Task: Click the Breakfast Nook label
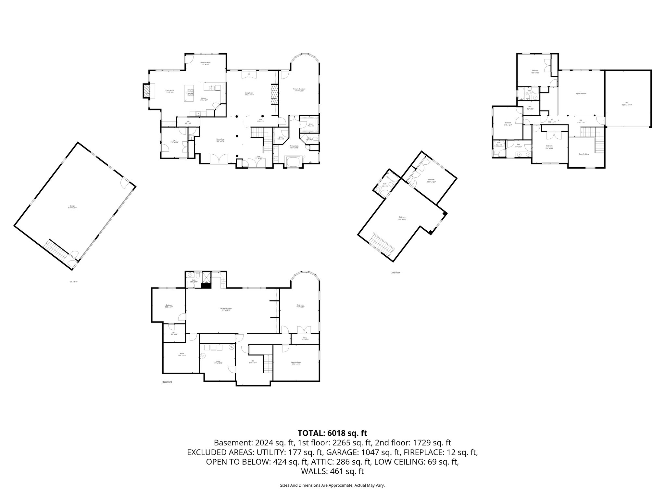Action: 205,63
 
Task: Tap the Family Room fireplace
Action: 146,91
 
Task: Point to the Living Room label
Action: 249,94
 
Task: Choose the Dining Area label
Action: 220,140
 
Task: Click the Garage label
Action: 72,207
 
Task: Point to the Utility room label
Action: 218,363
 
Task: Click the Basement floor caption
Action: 167,382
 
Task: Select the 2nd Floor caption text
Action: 395,273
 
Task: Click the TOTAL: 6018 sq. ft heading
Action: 332,433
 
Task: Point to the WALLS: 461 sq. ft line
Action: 332,471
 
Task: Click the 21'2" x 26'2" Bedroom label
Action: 402,218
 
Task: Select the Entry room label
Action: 174,141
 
